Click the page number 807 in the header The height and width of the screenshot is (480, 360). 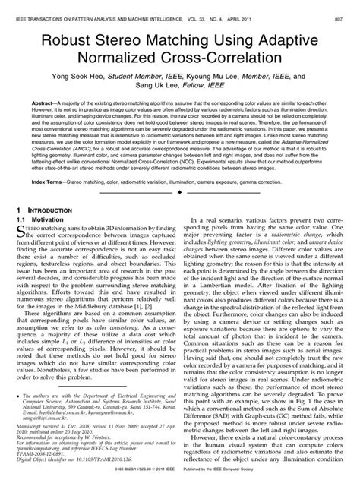pyautogui.click(x=344, y=7)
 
